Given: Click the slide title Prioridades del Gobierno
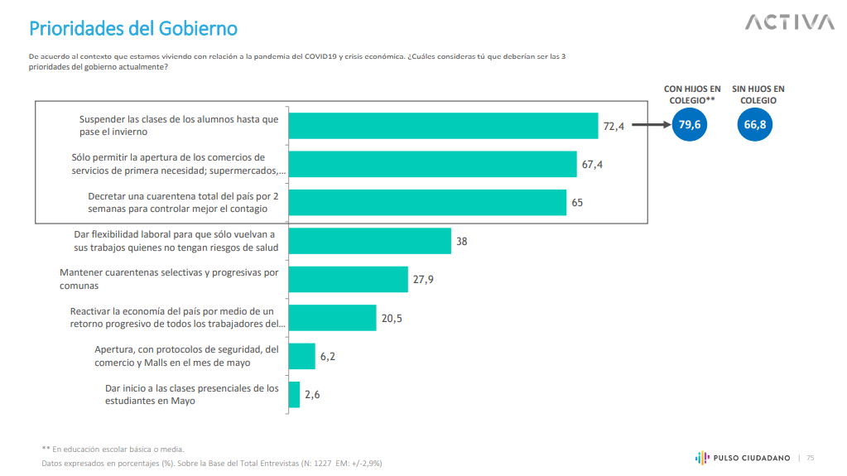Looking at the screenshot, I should tap(133, 29).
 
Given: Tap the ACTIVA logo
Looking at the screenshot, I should tap(789, 22).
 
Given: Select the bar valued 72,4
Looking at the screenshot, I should tap(443, 126).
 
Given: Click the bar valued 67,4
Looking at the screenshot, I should tap(432, 164).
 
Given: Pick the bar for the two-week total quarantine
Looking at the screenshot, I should tap(427, 202).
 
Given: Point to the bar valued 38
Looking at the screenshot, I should tap(369, 241).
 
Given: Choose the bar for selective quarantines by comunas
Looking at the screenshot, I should tap(348, 279).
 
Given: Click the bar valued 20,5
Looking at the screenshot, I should tap(332, 318).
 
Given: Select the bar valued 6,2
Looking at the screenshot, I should tap(301, 356).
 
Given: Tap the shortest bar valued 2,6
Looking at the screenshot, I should tap(294, 394).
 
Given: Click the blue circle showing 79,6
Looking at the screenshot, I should tap(690, 125).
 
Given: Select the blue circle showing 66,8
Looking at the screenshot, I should tap(754, 125).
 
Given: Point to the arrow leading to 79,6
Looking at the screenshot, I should tap(650, 126).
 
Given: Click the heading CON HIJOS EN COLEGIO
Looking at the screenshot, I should tap(692, 94).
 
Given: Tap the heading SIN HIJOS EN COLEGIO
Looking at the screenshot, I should tap(758, 94).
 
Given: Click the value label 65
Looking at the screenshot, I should tap(577, 203).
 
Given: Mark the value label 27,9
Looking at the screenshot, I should tap(423, 280).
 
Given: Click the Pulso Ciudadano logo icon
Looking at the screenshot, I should tap(700, 457).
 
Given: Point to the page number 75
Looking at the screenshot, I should tap(811, 458).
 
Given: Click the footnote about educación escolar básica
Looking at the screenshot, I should tap(113, 449).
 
